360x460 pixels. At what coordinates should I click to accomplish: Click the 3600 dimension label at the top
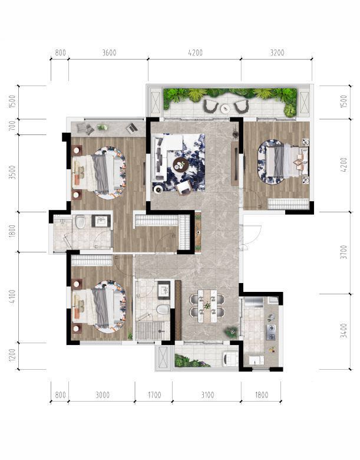[x=110, y=53]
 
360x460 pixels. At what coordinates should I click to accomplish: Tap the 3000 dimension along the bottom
[x=103, y=395]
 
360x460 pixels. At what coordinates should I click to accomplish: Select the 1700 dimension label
[x=154, y=395]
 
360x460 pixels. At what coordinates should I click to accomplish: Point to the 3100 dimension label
[x=207, y=395]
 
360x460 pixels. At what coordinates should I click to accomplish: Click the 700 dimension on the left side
[x=12, y=127]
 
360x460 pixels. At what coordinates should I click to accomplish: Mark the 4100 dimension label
[x=12, y=297]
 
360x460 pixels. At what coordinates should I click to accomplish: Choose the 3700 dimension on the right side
[x=344, y=252]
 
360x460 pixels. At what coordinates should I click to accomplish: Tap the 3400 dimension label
[x=344, y=331]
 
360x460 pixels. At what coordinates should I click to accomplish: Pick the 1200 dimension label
[x=12, y=356]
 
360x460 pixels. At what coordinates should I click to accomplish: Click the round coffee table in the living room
[x=180, y=164]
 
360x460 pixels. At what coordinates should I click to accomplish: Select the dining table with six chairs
[x=207, y=306]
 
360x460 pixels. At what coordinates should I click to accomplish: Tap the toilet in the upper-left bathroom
[x=80, y=222]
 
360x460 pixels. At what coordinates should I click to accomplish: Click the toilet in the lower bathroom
[x=163, y=310]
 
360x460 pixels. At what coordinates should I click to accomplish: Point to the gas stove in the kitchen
[x=271, y=332]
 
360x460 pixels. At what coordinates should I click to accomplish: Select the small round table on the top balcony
[x=226, y=109]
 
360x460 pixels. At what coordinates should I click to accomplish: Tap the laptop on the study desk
[x=132, y=128]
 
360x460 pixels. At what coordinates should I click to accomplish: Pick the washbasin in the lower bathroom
[x=164, y=290]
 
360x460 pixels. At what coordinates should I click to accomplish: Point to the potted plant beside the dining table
[x=232, y=332]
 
